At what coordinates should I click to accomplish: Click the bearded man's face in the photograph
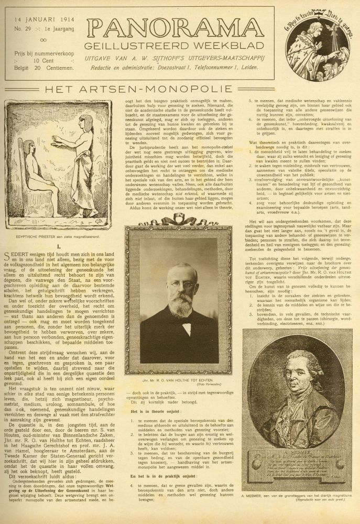tap(179, 294)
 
